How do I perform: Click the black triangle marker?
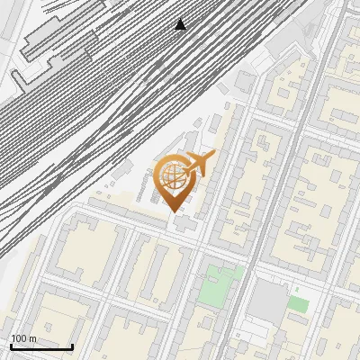tap(181, 23)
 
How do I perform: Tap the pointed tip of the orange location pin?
tap(174, 212)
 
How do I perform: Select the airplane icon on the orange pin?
tap(197, 165)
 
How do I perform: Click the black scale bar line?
tap(41, 346)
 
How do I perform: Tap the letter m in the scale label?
tap(32, 338)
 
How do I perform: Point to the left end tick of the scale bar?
tap(11, 345)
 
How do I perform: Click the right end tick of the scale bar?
tap(72, 345)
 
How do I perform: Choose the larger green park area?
tap(214, 286)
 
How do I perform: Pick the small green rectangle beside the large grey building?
tap(298, 304)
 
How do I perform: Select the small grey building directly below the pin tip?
tap(184, 222)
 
